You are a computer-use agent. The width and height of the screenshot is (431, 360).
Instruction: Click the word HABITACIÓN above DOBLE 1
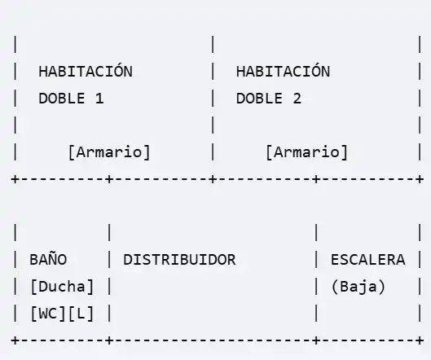point(86,70)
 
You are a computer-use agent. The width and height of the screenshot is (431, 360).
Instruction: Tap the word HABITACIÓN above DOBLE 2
point(283,70)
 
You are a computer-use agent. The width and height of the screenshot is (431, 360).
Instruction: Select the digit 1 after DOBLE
point(99,99)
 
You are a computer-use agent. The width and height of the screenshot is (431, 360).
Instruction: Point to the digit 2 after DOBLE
point(297,99)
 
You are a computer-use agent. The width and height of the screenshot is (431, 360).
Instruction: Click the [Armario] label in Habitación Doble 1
point(109,152)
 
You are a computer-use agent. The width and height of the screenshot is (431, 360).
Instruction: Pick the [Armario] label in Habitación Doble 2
point(307,152)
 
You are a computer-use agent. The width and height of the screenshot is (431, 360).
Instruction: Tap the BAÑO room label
point(48,259)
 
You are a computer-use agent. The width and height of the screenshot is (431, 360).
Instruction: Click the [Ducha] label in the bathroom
point(63,287)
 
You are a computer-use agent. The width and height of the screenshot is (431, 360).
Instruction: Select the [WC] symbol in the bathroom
point(48,314)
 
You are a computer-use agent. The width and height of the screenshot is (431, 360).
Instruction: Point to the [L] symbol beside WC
point(81,314)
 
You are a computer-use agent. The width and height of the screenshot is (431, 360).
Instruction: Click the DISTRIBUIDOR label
point(179,260)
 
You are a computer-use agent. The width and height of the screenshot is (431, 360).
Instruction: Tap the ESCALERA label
point(367,260)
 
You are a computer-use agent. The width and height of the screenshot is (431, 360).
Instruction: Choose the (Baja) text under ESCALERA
point(358,287)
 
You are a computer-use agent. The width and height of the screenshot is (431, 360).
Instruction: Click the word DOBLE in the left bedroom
point(62,99)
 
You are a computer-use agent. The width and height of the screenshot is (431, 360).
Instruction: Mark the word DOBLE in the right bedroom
point(259,99)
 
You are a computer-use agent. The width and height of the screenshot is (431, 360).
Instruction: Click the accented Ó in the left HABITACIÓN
point(118,70)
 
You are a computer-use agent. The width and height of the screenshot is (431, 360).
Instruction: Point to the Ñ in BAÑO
point(58,258)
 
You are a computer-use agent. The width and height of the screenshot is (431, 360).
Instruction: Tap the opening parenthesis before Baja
point(336,287)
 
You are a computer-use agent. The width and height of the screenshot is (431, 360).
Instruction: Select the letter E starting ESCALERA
point(335,260)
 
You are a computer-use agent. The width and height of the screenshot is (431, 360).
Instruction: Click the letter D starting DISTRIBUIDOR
point(128,260)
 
